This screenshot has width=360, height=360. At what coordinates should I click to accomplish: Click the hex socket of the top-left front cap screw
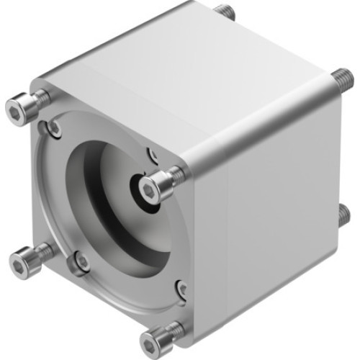pos(15,110)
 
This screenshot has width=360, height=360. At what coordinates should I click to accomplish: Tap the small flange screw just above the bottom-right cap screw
pos(182,289)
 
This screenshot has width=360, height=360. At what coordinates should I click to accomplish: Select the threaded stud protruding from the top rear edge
pos(225,12)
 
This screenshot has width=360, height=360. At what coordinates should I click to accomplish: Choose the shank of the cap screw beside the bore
pos(175,175)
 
